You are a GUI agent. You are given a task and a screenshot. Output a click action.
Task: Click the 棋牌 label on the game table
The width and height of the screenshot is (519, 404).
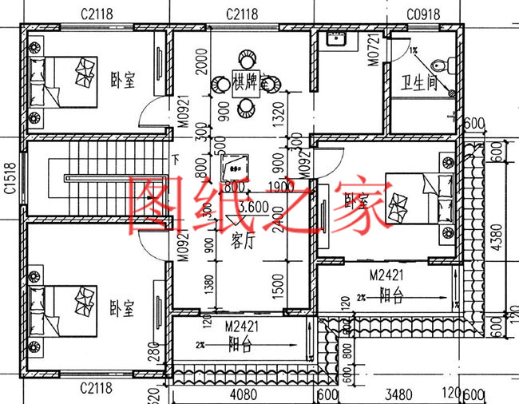(244, 81)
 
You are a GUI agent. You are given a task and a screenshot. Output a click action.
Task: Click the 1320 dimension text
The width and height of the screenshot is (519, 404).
(278, 114)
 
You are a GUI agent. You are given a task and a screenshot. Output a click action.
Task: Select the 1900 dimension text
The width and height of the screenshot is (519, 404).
(278, 188)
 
